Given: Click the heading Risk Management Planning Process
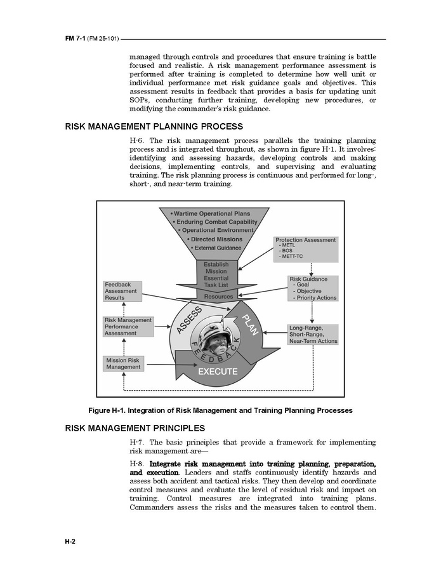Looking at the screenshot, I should (x=154, y=126).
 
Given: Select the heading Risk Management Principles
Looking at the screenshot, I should (x=135, y=428).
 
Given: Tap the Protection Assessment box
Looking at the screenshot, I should (x=306, y=249).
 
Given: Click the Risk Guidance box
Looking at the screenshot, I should (x=313, y=288).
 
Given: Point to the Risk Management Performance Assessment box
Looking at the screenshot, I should (x=128, y=326).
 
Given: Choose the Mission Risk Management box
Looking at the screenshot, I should (x=124, y=363).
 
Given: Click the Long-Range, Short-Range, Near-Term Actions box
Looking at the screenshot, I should (x=313, y=334).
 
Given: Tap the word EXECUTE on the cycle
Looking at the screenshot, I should (x=218, y=372).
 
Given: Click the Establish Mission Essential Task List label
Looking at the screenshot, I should (x=216, y=275).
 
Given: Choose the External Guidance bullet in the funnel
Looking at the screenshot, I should (x=214, y=248).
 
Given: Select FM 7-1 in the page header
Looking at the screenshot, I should (x=75, y=39).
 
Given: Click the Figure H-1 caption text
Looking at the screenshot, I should (x=220, y=410).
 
